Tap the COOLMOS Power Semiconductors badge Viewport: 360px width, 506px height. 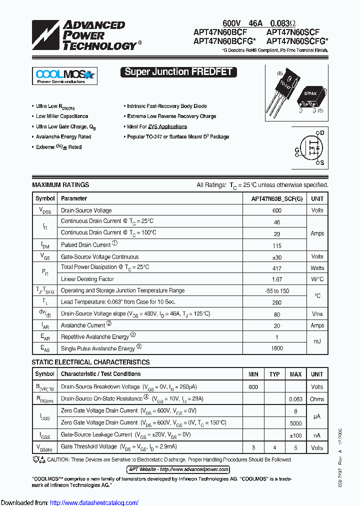pos(64,76)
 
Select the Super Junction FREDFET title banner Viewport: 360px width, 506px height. pos(178,72)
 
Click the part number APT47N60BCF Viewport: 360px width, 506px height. pos(220,31)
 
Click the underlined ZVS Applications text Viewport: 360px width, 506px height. pos(167,126)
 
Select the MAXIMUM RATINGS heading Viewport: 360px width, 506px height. pos(60,185)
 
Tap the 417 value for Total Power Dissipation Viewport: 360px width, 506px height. pos(276,268)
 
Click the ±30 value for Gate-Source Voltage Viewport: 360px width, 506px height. pos(276,256)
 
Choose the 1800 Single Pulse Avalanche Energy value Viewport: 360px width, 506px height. pos(276,348)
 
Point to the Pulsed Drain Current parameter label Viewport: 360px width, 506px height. pos(85,245)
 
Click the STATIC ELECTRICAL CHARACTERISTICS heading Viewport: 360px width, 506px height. pos(90,362)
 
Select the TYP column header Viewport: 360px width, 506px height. pos(274,374)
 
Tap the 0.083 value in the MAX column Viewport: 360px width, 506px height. pos(295,399)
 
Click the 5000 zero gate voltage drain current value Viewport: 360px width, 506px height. pos(295,422)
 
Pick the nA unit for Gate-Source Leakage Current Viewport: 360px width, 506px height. pos(317,435)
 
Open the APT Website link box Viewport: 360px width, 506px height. pos(178,469)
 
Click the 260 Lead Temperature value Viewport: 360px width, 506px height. pos(276,302)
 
